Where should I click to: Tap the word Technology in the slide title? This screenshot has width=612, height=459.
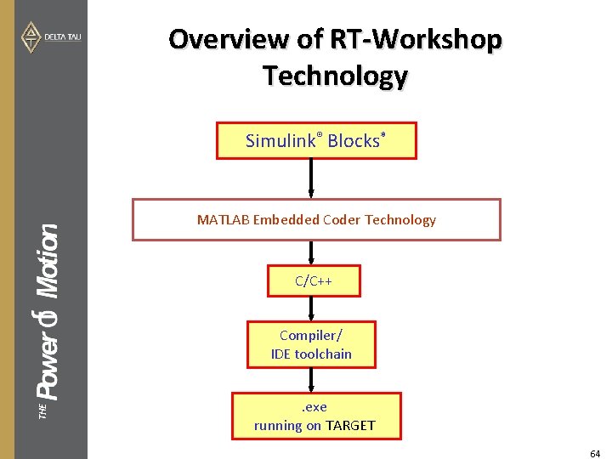pos(335,76)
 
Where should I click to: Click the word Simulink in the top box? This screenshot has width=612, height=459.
pos(280,141)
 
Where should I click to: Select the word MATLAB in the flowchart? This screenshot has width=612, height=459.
pos(224,219)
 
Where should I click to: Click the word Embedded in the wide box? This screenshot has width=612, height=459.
pos(292,219)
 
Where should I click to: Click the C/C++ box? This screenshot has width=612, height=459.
pos(313,280)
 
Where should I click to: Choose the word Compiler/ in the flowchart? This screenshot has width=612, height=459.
pos(310,335)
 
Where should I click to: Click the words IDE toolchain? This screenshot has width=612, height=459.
pos(311,354)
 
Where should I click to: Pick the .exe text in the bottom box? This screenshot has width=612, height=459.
pos(314,406)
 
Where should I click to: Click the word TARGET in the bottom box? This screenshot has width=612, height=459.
pos(350,425)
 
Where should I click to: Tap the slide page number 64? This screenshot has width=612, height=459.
pos(595,454)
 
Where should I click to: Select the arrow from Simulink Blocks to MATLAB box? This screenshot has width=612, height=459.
pos(312,178)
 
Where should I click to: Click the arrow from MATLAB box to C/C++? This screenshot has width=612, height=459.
pos(312,252)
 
